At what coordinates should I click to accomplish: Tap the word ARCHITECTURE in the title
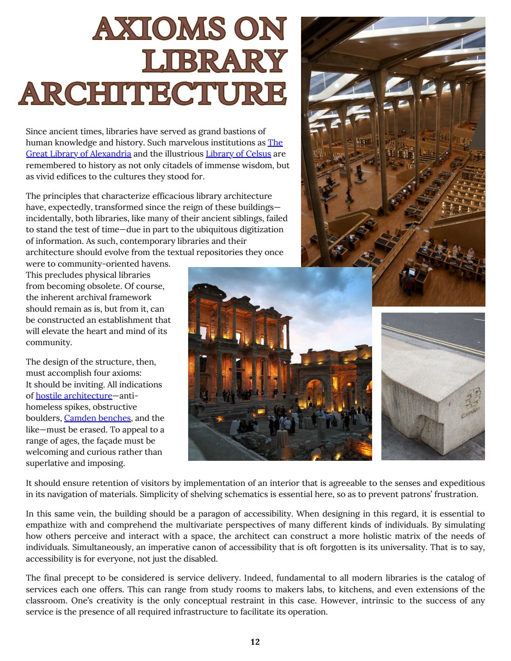click(x=153, y=93)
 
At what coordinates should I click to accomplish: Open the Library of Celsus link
click(x=238, y=154)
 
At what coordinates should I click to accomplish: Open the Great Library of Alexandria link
click(x=79, y=154)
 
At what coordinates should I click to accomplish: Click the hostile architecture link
click(x=74, y=396)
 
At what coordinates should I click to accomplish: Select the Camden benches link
click(x=97, y=418)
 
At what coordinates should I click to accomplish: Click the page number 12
click(x=255, y=642)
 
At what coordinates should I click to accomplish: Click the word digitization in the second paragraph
click(x=260, y=229)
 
